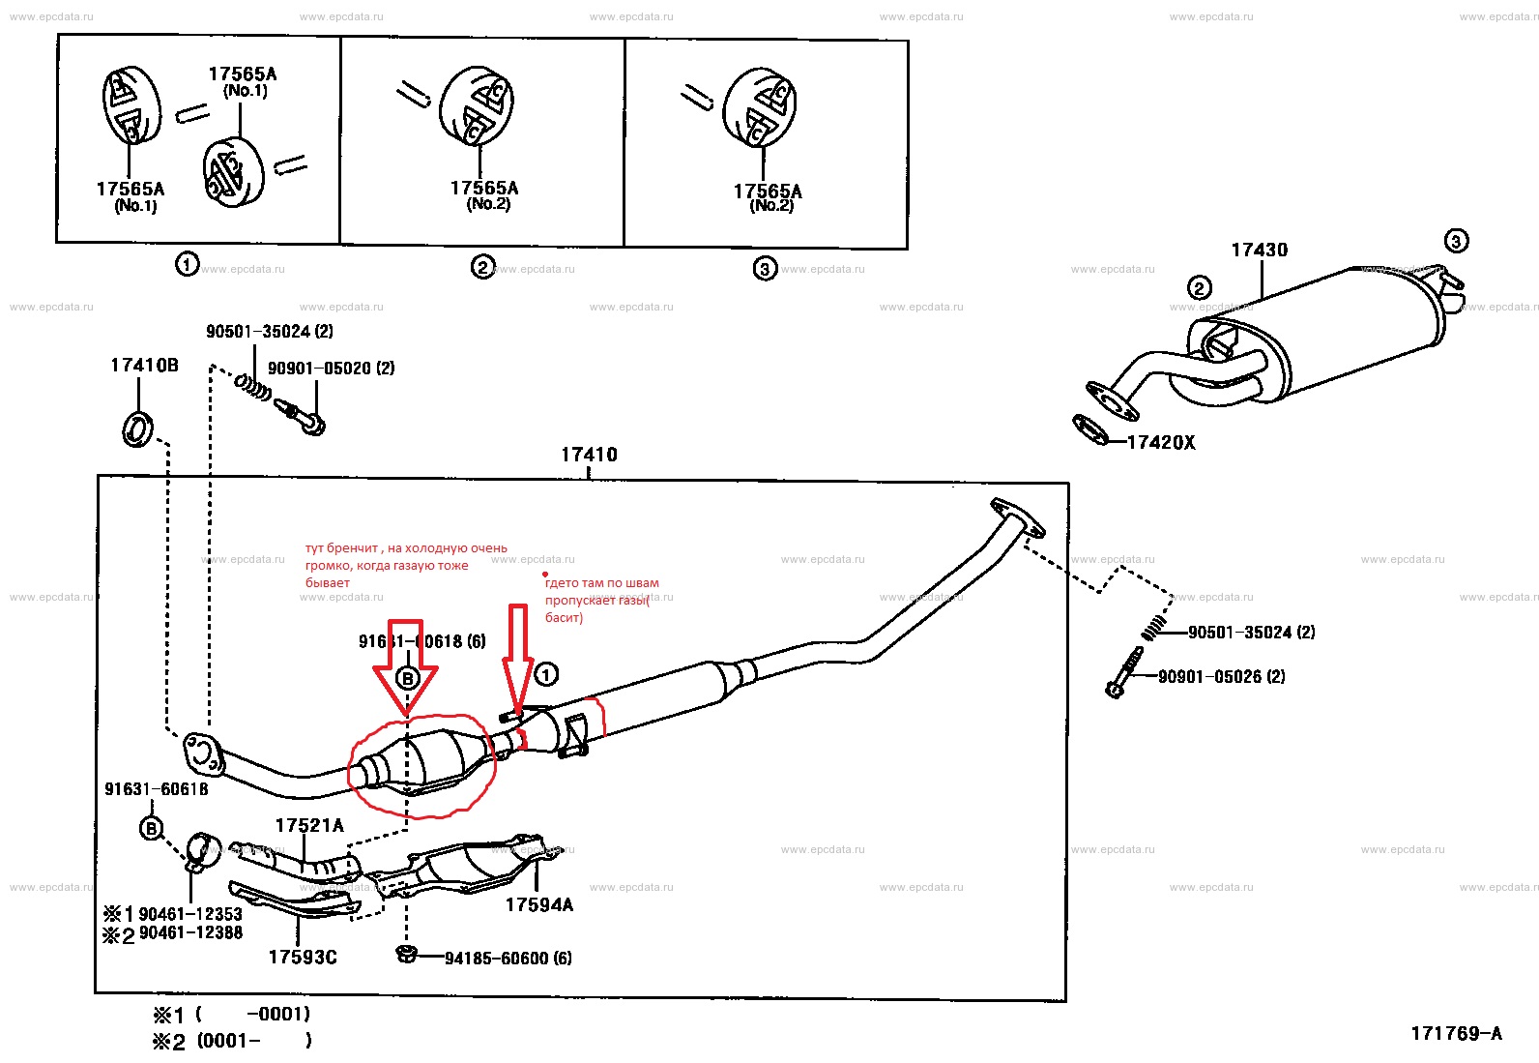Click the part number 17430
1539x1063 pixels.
(1259, 251)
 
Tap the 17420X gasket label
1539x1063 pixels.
(1161, 443)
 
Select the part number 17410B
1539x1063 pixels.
(144, 366)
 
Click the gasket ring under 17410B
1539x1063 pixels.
(137, 428)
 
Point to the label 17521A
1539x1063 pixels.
(309, 825)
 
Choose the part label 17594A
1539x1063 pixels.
(538, 905)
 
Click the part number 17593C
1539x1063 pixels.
(303, 958)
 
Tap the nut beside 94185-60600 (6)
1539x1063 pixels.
(407, 956)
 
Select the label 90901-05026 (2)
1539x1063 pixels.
(1222, 677)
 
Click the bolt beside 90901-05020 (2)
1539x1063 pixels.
(302, 416)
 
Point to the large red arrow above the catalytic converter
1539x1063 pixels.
(407, 667)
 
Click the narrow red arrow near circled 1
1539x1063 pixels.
(518, 658)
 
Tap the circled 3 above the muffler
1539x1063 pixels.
(1456, 241)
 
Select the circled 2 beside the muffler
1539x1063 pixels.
(1199, 287)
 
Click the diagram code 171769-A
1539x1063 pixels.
(1456, 1034)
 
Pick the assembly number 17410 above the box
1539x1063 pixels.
(589, 455)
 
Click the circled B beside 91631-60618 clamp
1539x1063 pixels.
(152, 829)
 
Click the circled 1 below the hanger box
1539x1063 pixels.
(187, 263)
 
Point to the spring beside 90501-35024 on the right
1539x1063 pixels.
(1153, 630)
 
